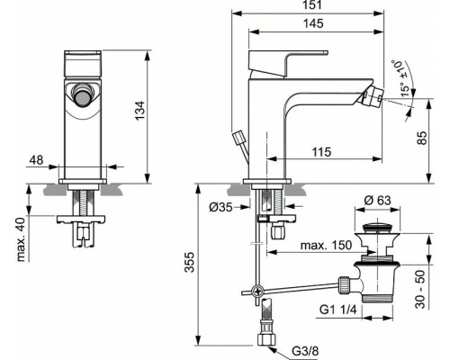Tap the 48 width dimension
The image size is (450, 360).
coord(36,160)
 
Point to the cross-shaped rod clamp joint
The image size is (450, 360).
coord(256,291)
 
